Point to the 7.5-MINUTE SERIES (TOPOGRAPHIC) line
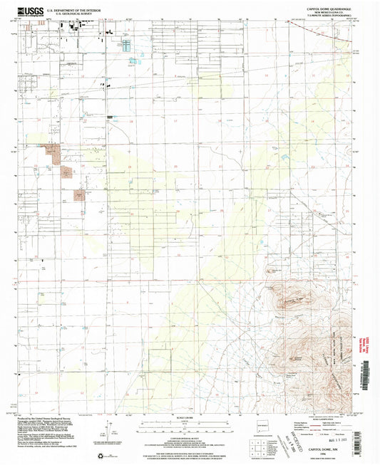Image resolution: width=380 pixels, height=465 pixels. (x=329, y=16)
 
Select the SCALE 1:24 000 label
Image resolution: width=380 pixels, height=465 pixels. (x=189, y=417)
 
